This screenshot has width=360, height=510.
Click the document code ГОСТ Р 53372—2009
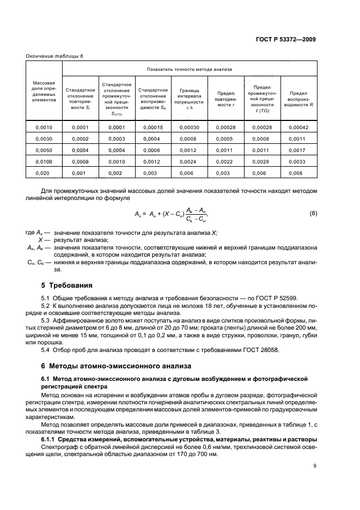coord(289,39)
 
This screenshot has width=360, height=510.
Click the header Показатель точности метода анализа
coord(190,69)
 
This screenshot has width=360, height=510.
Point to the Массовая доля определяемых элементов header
coord(44,92)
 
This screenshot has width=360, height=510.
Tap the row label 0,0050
coord(44,150)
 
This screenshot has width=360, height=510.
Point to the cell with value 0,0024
coord(189,161)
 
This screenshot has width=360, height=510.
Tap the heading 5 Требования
coord(66,285)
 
